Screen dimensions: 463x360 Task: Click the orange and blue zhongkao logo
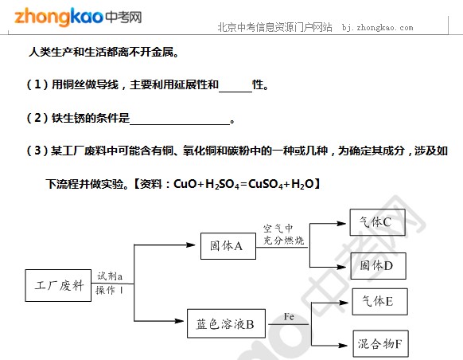point(78,17)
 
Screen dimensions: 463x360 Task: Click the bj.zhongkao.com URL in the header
point(377,28)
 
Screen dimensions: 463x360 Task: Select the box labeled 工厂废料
point(58,285)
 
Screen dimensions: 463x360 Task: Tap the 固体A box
point(228,246)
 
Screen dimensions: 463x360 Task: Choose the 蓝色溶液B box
point(226,323)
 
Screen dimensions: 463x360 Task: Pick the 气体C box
point(377,222)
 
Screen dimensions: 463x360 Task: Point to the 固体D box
point(378,266)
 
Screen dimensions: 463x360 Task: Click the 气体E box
point(380,302)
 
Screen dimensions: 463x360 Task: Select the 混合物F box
point(381,344)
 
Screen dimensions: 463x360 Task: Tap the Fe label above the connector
point(289,317)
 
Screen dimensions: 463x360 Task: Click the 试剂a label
point(110,276)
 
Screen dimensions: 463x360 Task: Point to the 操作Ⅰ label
point(109,290)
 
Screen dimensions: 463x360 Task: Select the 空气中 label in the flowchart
point(278,228)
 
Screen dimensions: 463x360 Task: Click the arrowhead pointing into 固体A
point(191,245)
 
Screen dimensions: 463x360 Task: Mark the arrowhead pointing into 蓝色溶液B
point(179,321)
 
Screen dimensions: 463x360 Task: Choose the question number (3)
point(37,151)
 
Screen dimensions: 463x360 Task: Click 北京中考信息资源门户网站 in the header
point(275,28)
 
